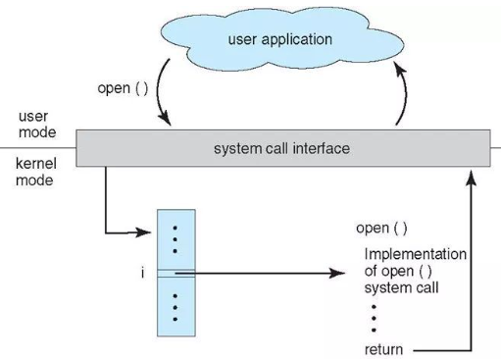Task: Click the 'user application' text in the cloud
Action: pyautogui.click(x=280, y=40)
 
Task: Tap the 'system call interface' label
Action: pyautogui.click(x=281, y=149)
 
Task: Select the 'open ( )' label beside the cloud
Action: pyautogui.click(x=123, y=88)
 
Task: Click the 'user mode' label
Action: pyautogui.click(x=37, y=125)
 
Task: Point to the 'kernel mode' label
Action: pyautogui.click(x=36, y=172)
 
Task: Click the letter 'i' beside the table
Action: pyautogui.click(x=142, y=273)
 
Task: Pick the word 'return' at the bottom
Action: pyautogui.click(x=383, y=350)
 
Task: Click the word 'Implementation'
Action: pyautogui.click(x=416, y=254)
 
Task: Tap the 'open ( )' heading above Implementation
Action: pyautogui.click(x=381, y=229)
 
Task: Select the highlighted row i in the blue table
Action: pyautogui.click(x=176, y=274)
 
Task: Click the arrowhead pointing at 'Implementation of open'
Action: pyautogui.click(x=338, y=273)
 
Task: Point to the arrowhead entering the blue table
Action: pyautogui.click(x=144, y=232)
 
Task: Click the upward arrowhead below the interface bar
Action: pyautogui.click(x=471, y=177)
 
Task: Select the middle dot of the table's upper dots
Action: pyautogui.click(x=175, y=239)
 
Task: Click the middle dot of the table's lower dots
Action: pyautogui.click(x=175, y=308)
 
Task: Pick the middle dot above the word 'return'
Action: pyautogui.click(x=374, y=319)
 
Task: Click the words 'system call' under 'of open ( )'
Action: pyautogui.click(x=401, y=288)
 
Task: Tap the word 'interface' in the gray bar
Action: pyautogui.click(x=322, y=149)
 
